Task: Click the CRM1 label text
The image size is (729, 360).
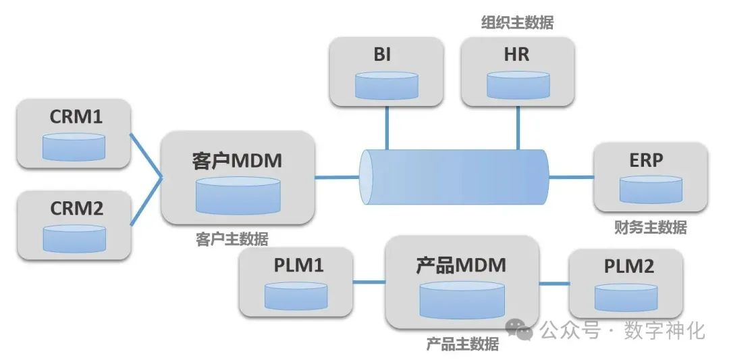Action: (x=76, y=116)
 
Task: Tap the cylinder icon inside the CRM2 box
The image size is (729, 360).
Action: (x=74, y=238)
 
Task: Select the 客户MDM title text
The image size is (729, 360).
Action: (x=237, y=161)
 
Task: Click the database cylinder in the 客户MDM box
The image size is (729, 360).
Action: (x=238, y=195)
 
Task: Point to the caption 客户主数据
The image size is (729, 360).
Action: (x=232, y=239)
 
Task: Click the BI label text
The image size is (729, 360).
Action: (x=382, y=55)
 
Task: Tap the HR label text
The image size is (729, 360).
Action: (x=516, y=55)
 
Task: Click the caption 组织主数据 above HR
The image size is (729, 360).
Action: (x=517, y=23)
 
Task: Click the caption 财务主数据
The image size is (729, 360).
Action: (x=650, y=228)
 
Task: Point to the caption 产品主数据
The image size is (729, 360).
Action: (x=462, y=344)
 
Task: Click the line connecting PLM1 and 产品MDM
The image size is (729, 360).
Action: (x=369, y=282)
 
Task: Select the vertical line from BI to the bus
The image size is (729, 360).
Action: (x=387, y=128)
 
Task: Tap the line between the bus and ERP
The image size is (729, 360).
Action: (x=570, y=177)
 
